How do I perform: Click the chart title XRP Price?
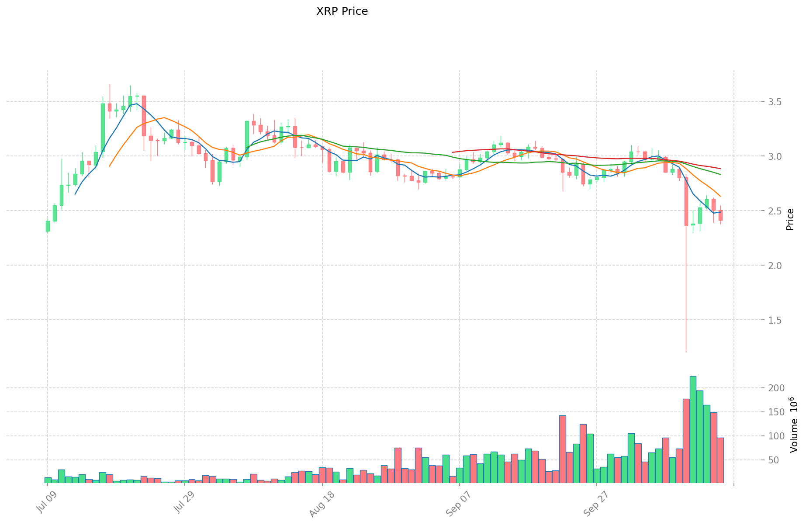[342, 11]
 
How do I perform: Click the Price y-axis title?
[790, 219]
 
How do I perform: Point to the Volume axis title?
[794, 425]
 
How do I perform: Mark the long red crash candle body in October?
[686, 201]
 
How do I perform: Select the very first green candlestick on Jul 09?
[48, 226]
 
